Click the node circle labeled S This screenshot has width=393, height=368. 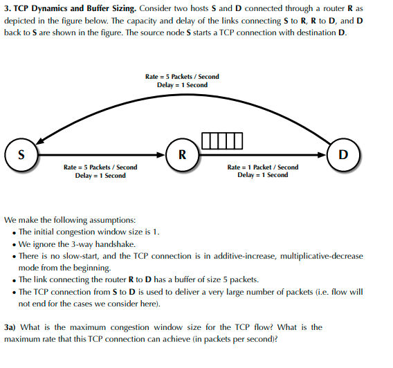(x=21, y=154)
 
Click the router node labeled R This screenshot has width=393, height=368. (x=181, y=154)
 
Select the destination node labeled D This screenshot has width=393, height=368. (x=343, y=154)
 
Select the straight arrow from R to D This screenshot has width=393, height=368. (x=263, y=154)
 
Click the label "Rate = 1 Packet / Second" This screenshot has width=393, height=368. (x=263, y=167)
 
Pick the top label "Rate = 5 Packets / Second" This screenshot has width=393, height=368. (x=182, y=76)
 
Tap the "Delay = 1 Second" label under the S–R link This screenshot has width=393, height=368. (x=100, y=175)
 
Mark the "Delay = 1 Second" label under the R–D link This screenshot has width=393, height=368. (x=263, y=175)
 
